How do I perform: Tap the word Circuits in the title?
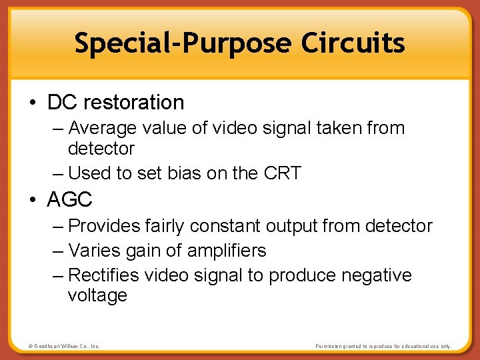tap(353, 43)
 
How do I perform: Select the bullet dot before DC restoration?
tap(33, 103)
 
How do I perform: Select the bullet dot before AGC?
tap(33, 199)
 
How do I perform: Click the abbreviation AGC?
tap(70, 199)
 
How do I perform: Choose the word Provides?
tap(105, 227)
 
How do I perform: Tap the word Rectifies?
tap(104, 275)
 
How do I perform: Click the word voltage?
tap(97, 295)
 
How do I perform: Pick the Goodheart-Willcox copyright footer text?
tap(64, 347)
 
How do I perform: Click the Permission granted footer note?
tap(383, 347)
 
